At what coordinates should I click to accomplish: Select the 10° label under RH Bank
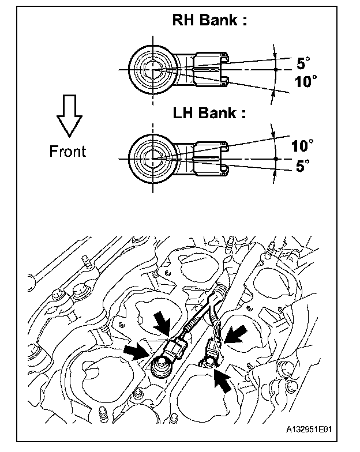tap(306, 82)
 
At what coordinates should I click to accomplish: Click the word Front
tap(67, 152)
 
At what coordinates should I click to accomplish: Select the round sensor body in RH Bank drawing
tap(153, 69)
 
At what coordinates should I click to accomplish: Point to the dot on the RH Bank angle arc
tap(276, 69)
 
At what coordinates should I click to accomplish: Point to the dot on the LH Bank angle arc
tap(276, 158)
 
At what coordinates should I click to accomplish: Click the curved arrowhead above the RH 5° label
tap(275, 54)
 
